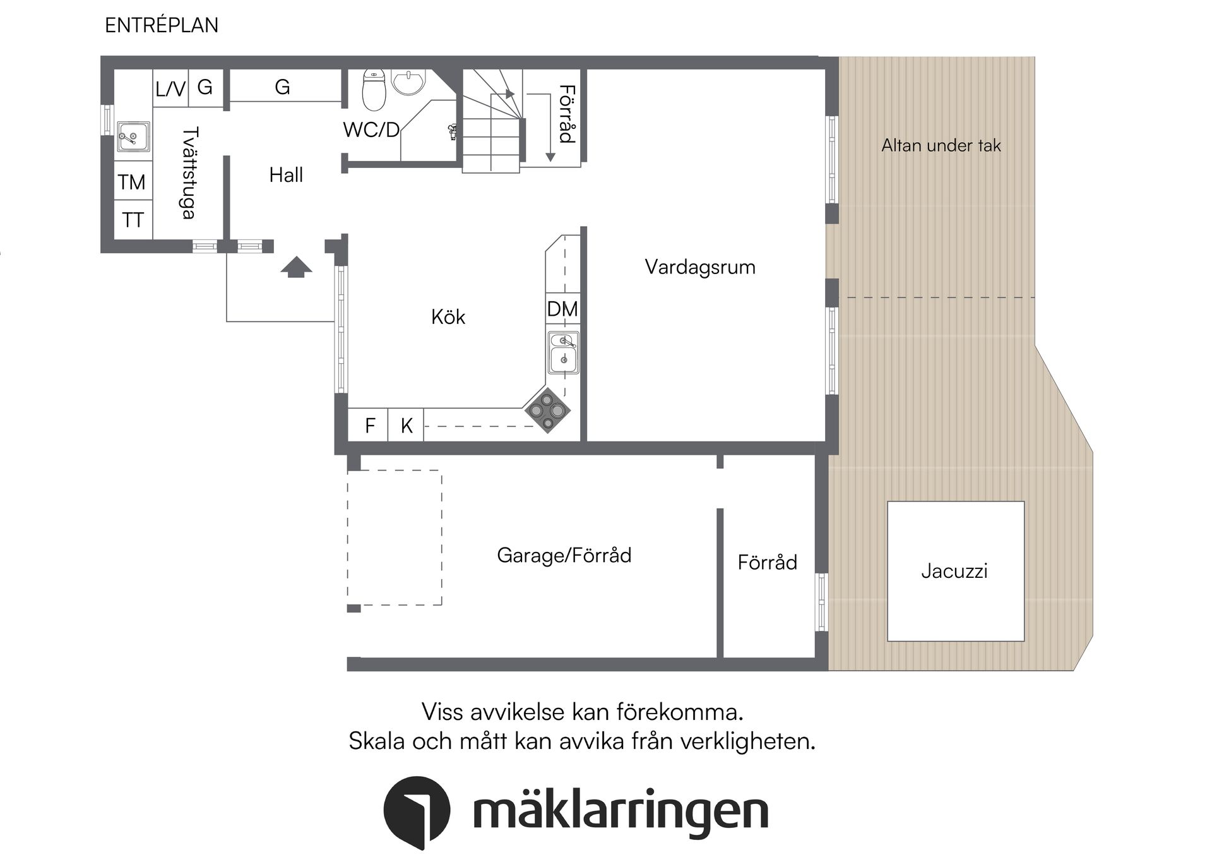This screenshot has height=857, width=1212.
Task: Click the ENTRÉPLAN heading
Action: coord(162,25)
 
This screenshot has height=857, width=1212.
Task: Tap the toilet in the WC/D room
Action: coord(374,90)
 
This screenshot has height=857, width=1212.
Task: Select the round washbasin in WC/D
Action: coord(408,81)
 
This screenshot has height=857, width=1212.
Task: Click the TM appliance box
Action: coord(132,182)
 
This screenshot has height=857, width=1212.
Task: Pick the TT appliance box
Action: coord(133,220)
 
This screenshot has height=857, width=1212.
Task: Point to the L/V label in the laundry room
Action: coord(170,88)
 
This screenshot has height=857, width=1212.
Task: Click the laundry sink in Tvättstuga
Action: coord(133,137)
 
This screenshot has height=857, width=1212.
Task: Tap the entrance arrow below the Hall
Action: coord(296,267)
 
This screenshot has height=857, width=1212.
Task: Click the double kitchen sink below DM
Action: coord(563,352)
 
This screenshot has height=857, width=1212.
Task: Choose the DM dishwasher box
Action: coord(562,309)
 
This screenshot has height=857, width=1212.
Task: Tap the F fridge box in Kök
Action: coord(369,426)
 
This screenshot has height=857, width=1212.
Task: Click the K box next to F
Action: coord(406,426)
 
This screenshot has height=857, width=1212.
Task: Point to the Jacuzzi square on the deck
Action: coord(955,571)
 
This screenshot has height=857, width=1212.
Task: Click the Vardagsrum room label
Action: coord(699,267)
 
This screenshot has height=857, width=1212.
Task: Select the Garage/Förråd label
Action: coord(564,555)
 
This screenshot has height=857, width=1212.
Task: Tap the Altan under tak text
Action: coord(941,145)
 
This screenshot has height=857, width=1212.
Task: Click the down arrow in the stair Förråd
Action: coord(550,155)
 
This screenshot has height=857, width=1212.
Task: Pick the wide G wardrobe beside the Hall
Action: coord(283,87)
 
